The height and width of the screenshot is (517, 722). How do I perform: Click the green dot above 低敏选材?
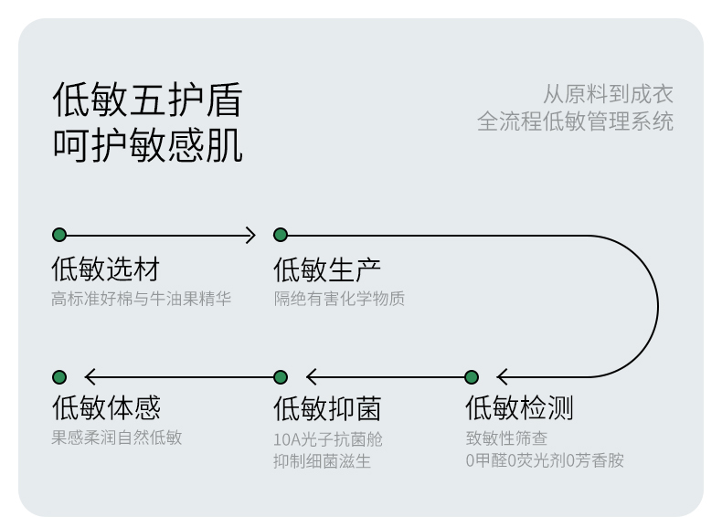click(x=59, y=235)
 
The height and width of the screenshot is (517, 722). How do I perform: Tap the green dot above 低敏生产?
click(x=281, y=235)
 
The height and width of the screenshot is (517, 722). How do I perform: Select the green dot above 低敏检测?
click(x=472, y=377)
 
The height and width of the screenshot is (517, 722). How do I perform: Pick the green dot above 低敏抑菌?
click(x=281, y=377)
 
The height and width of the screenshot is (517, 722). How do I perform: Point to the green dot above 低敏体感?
click(x=59, y=377)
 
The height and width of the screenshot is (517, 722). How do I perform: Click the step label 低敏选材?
click(x=105, y=269)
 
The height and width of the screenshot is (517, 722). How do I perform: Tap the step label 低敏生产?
click(x=327, y=269)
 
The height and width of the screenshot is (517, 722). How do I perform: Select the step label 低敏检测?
click(x=519, y=408)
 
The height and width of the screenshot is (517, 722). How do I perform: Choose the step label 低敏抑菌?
click(x=327, y=408)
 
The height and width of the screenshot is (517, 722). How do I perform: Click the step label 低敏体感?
click(x=105, y=408)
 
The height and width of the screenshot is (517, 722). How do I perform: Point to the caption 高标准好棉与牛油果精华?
click(x=142, y=300)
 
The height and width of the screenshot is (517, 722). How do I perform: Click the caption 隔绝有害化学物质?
click(x=339, y=300)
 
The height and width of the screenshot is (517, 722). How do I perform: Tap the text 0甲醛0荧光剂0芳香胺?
click(x=544, y=460)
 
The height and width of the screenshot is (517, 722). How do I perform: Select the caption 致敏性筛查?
click(x=506, y=438)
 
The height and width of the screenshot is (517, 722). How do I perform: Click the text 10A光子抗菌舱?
click(x=328, y=439)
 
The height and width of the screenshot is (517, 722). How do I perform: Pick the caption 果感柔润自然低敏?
click(x=117, y=438)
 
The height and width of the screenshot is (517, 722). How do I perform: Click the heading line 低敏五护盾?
click(x=148, y=100)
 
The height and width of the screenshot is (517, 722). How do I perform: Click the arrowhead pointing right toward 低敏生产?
click(x=251, y=235)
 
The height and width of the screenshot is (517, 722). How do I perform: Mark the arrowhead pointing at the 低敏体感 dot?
click(x=89, y=377)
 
